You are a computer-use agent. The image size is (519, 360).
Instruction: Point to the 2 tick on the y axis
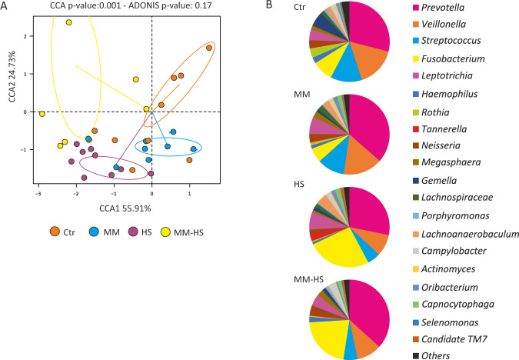28,36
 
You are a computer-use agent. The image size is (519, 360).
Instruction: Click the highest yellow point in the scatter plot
69,22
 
